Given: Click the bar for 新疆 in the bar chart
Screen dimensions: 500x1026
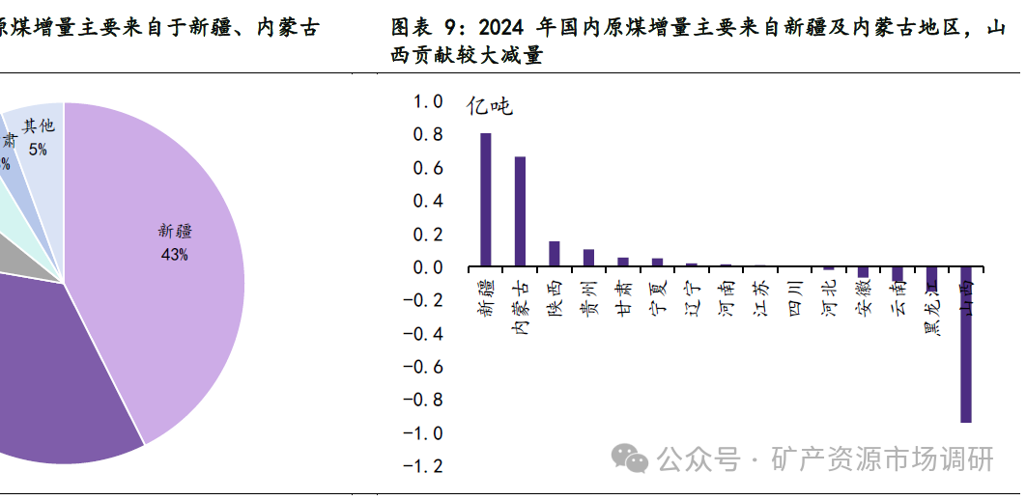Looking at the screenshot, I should tap(485, 199).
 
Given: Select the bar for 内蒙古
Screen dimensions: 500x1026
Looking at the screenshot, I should tap(520, 210).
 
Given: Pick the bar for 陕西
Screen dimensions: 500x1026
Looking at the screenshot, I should tap(555, 253).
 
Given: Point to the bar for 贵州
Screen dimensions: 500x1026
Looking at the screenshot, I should tap(588, 257).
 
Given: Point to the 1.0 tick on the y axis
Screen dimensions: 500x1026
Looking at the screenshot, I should tap(427, 101).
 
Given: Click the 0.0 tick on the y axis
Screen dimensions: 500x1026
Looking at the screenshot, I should tap(427, 267).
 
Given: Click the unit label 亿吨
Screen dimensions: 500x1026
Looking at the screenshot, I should tap(490, 106).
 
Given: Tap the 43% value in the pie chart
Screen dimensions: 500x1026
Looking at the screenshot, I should tap(175, 255).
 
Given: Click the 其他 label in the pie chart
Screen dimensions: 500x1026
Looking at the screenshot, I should tap(39, 126).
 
